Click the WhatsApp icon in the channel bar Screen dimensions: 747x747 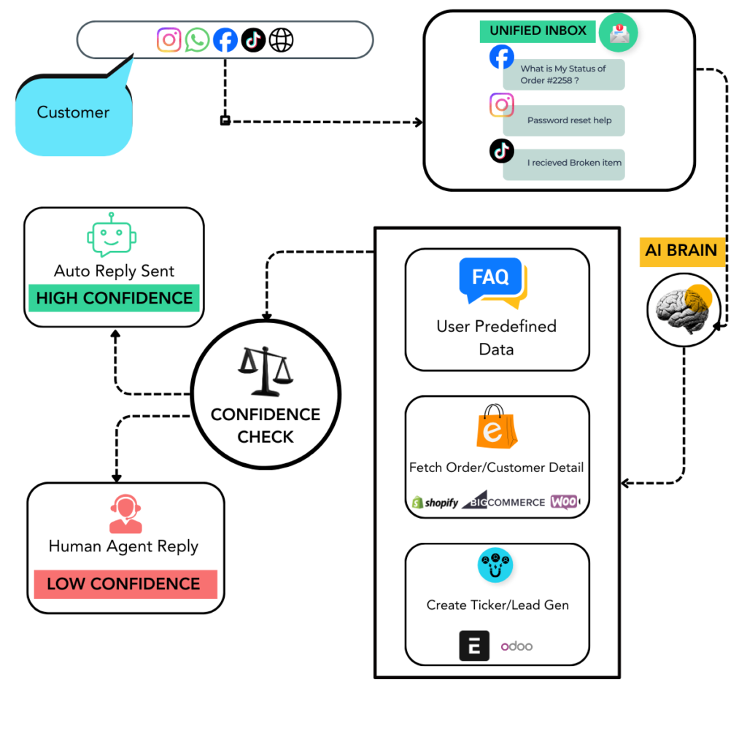[197, 40]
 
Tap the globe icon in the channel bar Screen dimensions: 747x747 [281, 40]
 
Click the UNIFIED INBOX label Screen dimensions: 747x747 [538, 31]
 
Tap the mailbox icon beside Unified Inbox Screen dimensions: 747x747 [618, 33]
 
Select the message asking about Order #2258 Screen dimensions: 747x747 [563, 74]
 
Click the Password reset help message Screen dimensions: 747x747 [563, 120]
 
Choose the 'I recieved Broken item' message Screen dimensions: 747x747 [563, 163]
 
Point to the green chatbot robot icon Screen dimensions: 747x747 [112, 236]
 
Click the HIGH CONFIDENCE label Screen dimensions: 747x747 [114, 298]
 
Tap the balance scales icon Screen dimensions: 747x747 [266, 371]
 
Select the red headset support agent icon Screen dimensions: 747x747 [125, 514]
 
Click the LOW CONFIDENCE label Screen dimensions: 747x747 [125, 584]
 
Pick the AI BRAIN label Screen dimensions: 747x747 [681, 251]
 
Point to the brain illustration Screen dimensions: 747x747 [682, 309]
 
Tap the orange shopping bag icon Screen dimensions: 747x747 [496, 427]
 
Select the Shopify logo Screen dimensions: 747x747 [436, 503]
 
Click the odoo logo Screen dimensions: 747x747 [516, 646]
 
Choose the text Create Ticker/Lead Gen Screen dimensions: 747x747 [498, 605]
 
